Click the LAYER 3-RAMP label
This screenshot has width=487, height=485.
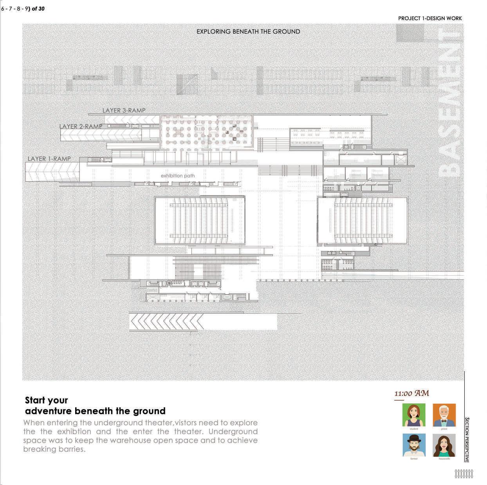124,110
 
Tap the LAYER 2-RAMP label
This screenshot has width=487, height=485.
81,126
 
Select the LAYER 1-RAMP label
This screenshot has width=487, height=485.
49,159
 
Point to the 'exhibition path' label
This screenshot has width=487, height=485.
177,176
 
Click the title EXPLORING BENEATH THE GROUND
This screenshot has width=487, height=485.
248,32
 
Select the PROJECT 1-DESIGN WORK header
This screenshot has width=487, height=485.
430,18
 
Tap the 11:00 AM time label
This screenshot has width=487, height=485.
411,393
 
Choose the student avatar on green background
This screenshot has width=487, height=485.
414,415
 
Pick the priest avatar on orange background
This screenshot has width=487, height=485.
444,415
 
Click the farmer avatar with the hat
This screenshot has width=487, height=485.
414,445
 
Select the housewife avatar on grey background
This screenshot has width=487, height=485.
444,445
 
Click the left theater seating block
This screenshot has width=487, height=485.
200,221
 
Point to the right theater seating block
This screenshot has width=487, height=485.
363,221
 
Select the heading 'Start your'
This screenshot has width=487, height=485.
46,400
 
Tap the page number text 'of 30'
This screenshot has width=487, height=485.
38,9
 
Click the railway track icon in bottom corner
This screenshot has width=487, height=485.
464,474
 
